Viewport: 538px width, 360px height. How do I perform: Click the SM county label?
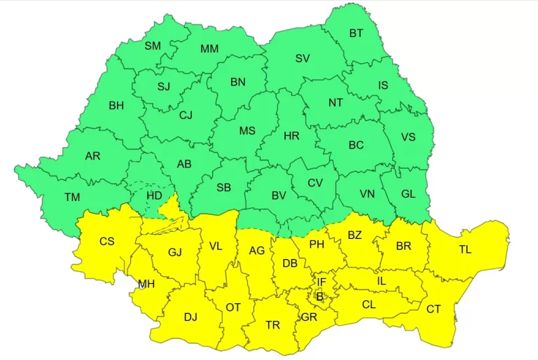[153, 46]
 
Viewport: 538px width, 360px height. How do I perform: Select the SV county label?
[303, 58]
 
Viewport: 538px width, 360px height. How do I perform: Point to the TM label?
[72, 197]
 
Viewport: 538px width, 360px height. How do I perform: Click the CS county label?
[106, 241]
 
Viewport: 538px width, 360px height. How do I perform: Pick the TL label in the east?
[465, 249]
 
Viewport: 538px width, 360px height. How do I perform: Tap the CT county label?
[434, 309]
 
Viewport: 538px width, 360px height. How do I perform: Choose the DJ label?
[191, 317]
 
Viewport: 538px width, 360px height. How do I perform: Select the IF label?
[322, 282]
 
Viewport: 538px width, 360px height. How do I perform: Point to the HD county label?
[154, 196]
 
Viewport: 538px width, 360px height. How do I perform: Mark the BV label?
[280, 196]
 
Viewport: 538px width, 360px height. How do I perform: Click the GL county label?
[408, 194]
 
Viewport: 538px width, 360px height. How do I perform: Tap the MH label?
[146, 284]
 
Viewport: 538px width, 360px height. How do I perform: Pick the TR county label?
[273, 325]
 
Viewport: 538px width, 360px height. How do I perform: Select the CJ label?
[186, 115]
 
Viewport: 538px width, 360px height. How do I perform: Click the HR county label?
[291, 137]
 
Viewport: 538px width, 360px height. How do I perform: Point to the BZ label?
[355, 235]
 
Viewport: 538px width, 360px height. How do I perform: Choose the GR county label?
[309, 316]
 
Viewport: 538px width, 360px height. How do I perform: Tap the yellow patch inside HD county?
[169, 208]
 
